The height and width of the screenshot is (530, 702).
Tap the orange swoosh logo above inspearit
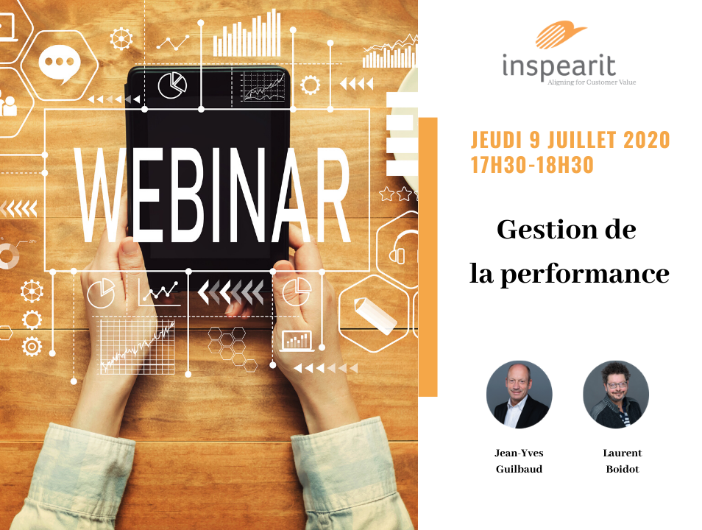coord(561,34)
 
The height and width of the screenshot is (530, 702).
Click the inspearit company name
coord(559,66)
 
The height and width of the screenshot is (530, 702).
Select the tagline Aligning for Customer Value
coord(592,82)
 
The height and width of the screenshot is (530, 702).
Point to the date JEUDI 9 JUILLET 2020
coord(570,140)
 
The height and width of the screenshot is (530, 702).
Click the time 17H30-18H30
coord(532,165)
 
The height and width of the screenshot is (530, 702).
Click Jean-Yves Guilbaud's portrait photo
coord(519,395)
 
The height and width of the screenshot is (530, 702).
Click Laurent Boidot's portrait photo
coord(616,395)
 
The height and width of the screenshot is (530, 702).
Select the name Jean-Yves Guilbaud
coord(519,461)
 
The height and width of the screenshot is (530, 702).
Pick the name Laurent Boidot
coord(623,461)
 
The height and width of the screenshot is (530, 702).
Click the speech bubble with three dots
coord(59,63)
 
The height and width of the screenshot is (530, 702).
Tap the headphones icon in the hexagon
coord(404,249)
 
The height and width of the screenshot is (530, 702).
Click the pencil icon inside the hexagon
coord(375,315)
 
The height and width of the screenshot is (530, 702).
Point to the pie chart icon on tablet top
coord(172,85)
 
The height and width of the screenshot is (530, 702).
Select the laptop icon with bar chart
coord(297,342)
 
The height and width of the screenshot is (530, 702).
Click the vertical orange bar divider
coord(428,257)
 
